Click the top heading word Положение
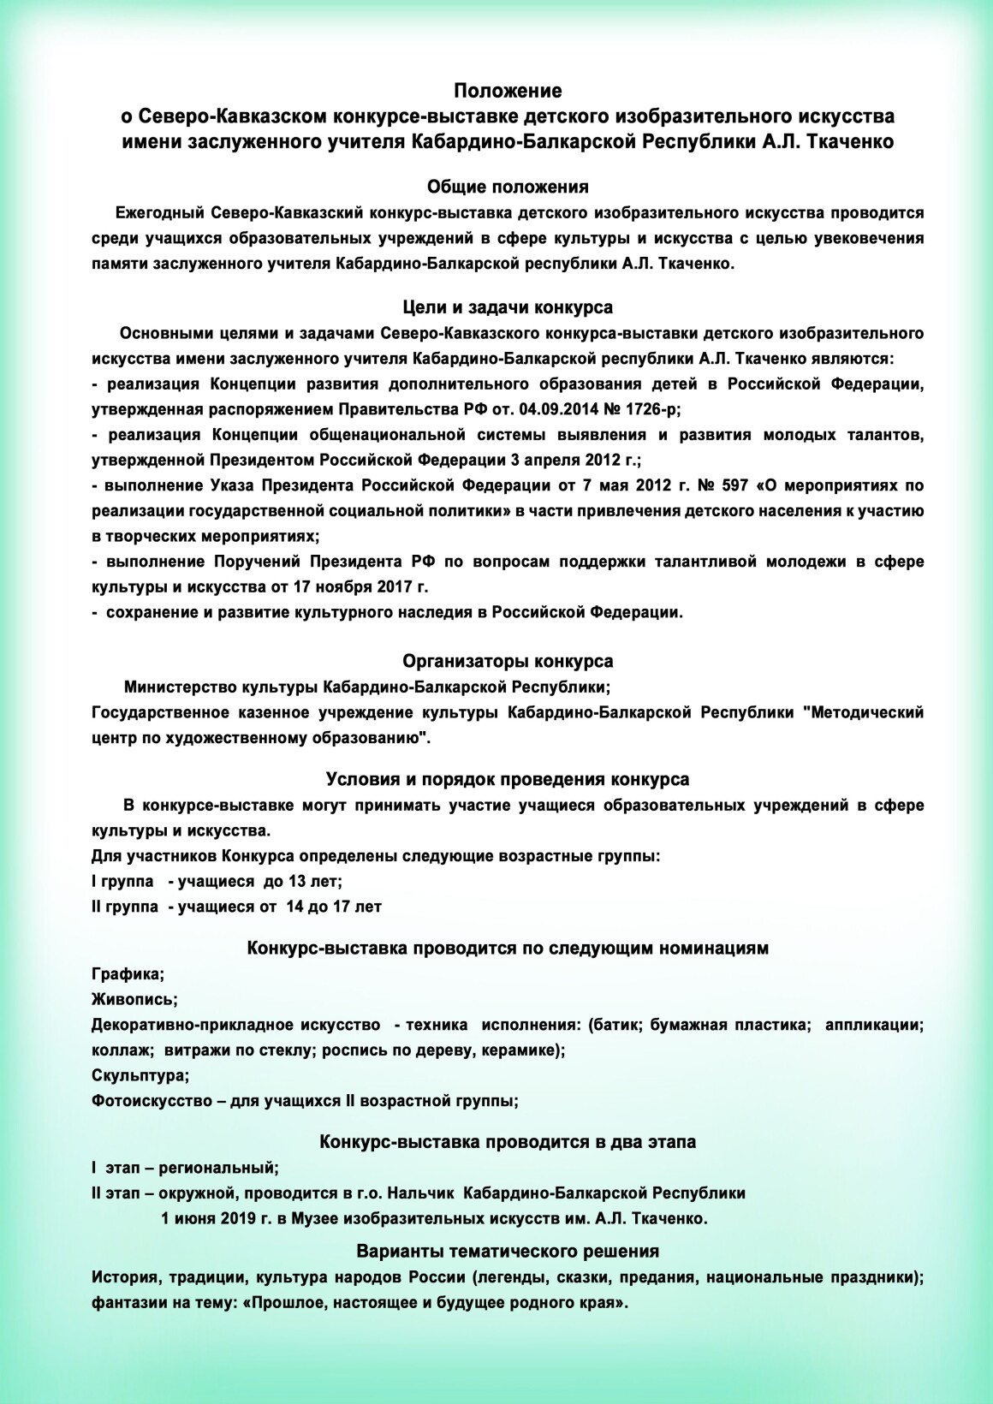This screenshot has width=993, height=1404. [x=508, y=91]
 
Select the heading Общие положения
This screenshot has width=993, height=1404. [x=508, y=187]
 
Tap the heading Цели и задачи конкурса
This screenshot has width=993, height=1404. [x=508, y=306]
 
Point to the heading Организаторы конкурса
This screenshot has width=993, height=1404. [x=508, y=661]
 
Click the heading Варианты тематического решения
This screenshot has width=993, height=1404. [x=508, y=1251]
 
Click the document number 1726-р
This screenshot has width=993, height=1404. [x=647, y=408]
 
